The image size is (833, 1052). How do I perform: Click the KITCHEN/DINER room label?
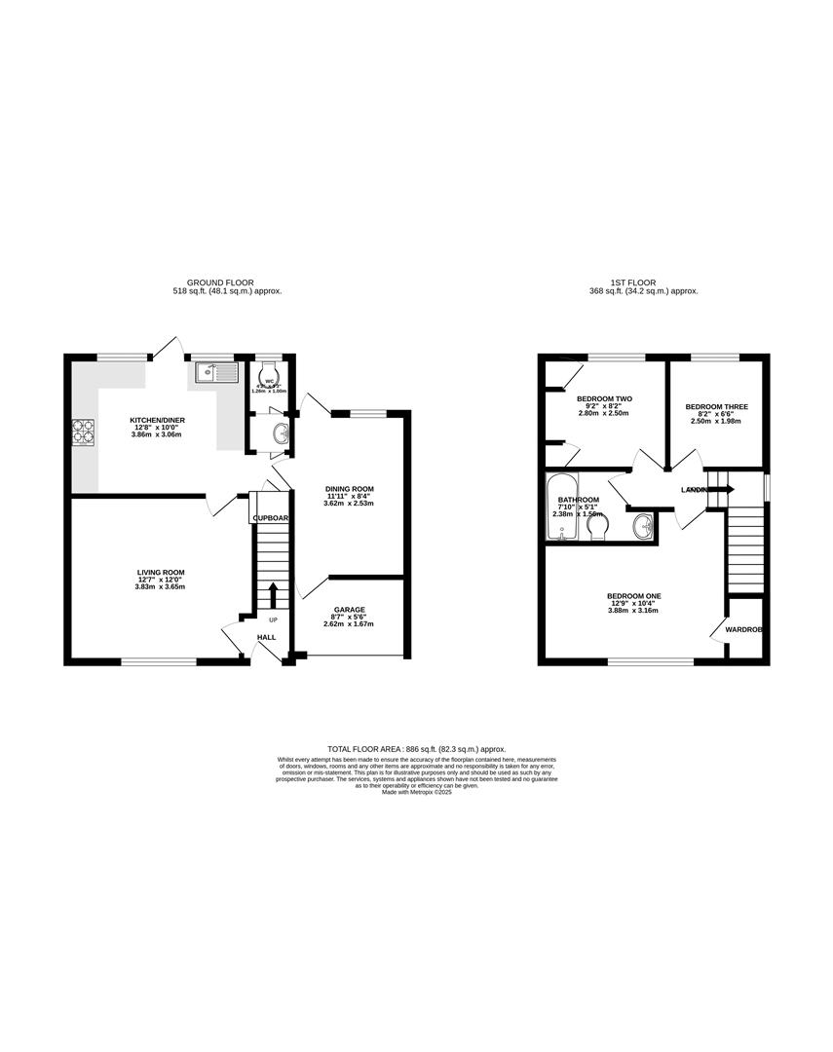tap(158, 421)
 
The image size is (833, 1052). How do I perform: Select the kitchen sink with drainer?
tap(215, 371)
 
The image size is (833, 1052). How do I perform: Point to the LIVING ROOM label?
tap(161, 573)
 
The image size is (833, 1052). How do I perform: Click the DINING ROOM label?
tap(349, 489)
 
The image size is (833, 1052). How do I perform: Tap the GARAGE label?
tap(350, 610)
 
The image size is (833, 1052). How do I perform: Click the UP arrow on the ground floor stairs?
tap(273, 592)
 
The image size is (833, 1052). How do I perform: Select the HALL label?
tap(266, 637)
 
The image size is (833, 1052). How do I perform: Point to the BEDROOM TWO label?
tap(605, 399)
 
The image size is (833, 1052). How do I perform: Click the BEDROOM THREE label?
tap(713, 407)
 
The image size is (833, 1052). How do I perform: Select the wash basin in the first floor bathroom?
tap(642, 527)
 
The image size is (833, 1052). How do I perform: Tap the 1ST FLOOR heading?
tap(644, 282)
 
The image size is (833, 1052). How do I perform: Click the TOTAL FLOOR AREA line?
tap(416, 748)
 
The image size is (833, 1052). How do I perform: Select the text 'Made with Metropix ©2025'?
tap(417, 793)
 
